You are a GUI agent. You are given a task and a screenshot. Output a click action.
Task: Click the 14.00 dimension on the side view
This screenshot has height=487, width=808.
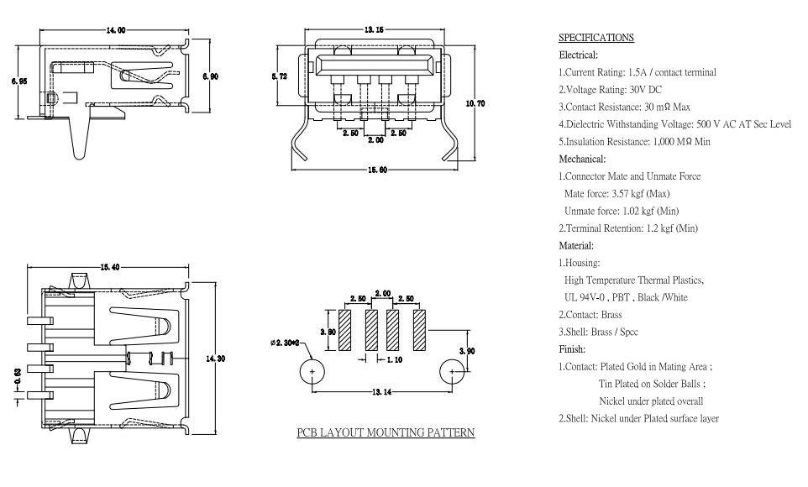click(115, 30)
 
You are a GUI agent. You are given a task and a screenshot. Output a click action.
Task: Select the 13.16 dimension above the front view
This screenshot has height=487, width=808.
click(374, 30)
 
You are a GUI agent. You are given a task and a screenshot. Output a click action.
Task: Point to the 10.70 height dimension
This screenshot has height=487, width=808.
click(475, 103)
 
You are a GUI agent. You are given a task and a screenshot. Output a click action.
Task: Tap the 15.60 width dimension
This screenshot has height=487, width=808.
click(377, 170)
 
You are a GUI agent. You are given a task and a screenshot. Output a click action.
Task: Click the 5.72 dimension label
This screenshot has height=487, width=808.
click(280, 76)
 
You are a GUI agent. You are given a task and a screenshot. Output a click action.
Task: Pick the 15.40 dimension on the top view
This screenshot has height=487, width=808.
click(110, 267)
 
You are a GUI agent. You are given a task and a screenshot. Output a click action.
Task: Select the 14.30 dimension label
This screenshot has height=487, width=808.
click(215, 359)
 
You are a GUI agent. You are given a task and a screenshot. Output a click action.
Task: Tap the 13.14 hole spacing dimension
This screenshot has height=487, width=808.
click(381, 392)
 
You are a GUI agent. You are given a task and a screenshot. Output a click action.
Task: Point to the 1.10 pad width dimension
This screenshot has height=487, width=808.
click(394, 359)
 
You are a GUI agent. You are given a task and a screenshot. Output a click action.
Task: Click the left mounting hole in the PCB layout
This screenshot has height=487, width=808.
click(312, 372)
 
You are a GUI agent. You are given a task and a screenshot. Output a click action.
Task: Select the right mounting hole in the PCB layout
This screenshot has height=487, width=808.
click(452, 372)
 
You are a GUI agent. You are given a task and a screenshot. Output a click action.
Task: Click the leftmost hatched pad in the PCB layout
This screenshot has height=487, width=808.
click(344, 330)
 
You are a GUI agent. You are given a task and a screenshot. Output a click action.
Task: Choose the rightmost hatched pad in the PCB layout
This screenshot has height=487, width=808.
click(419, 330)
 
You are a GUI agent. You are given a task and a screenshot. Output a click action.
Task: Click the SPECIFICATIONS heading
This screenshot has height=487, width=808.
click(596, 38)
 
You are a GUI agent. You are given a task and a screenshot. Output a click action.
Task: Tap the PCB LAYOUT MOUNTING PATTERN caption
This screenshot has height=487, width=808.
click(386, 433)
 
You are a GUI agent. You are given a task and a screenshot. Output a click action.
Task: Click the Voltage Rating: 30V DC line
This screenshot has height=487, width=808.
click(610, 90)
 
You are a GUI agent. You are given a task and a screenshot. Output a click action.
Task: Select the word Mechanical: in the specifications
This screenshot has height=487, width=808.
click(582, 159)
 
